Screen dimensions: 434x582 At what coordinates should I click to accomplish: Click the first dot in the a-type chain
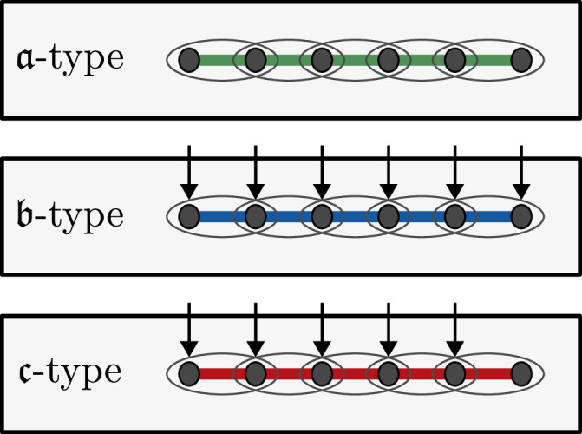189,60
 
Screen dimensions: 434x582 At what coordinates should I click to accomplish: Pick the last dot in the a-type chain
520,60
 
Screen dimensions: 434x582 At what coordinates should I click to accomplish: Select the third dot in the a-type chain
322,60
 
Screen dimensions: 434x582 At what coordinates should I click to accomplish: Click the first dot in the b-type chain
189,216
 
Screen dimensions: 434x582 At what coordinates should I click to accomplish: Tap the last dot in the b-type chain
520,216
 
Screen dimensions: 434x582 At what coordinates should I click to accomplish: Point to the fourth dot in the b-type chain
388,216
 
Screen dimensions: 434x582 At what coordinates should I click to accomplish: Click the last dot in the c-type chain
520,373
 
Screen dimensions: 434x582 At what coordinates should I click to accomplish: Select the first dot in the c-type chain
189,373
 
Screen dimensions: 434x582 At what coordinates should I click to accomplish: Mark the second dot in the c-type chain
255,373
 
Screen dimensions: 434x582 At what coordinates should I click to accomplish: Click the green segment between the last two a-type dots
487,60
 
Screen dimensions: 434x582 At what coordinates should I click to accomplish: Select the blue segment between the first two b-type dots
222,216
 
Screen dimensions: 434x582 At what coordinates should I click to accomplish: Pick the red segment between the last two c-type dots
487,373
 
